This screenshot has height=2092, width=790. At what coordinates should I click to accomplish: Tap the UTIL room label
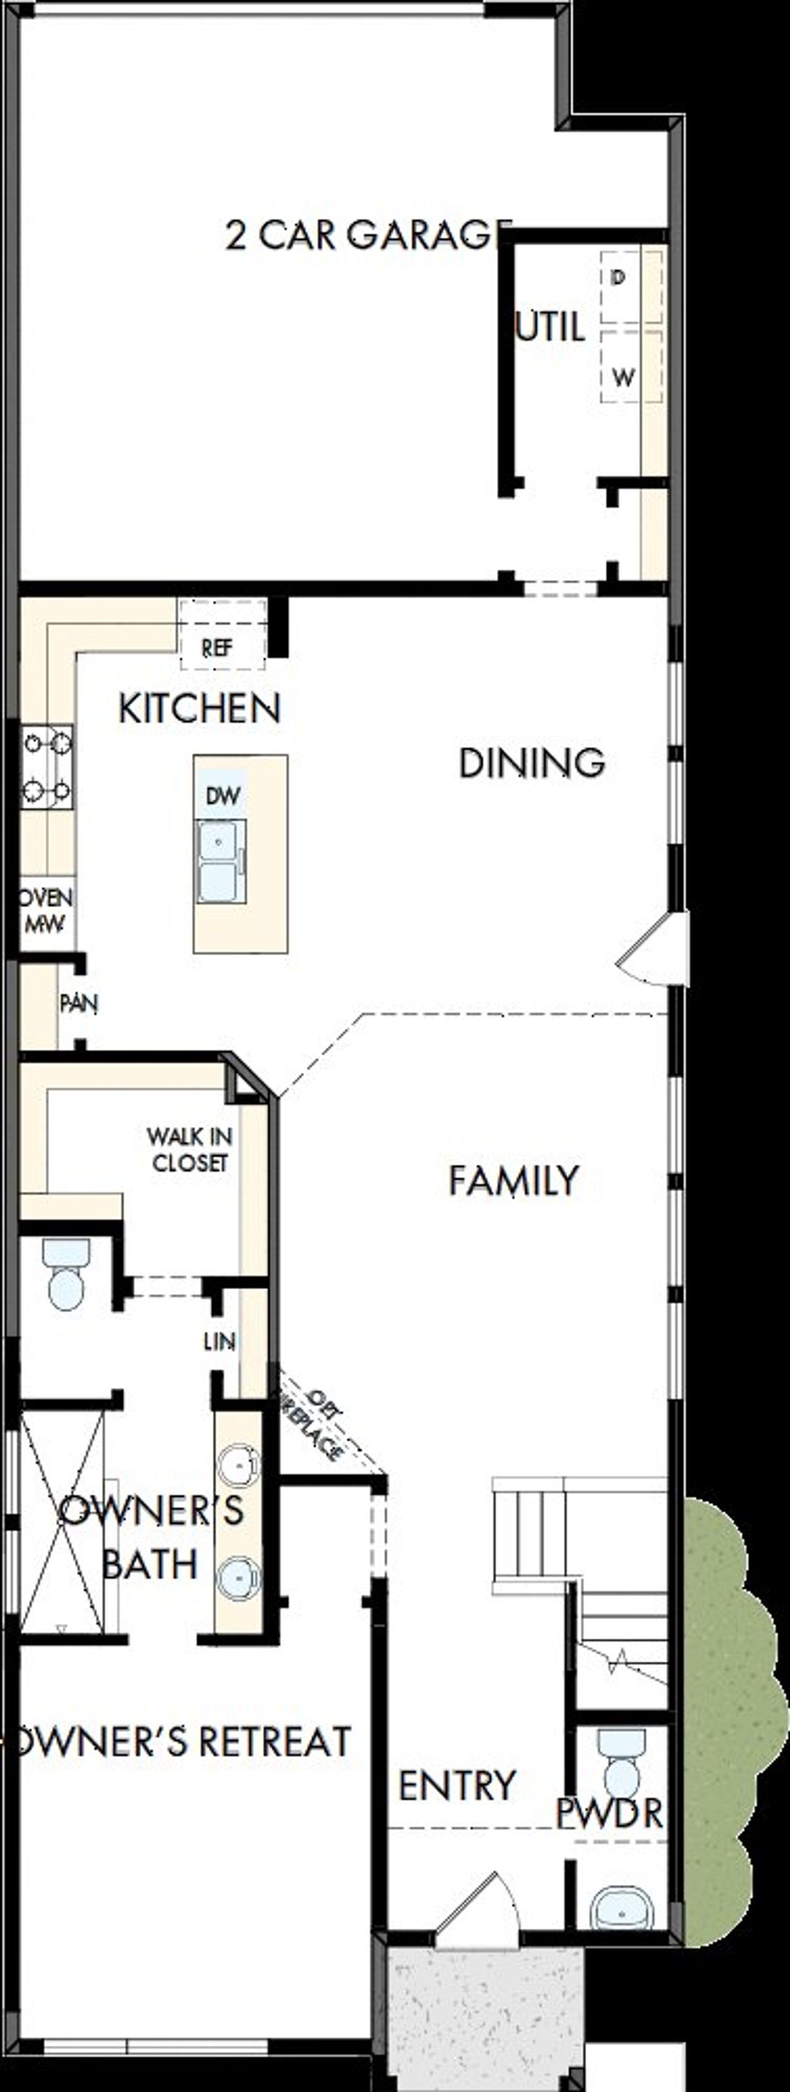point(551,327)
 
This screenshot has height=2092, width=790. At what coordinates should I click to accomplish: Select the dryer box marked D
point(631,287)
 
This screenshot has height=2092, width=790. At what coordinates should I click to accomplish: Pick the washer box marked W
point(631,366)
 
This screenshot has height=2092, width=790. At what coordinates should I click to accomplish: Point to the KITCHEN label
point(200,709)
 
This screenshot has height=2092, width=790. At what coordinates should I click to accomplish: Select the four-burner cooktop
point(46,766)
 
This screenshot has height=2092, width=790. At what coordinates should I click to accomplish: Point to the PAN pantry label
point(79,1004)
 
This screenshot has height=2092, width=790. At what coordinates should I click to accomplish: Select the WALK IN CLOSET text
point(189,1149)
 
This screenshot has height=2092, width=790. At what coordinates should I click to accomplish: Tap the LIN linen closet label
point(220,1342)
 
